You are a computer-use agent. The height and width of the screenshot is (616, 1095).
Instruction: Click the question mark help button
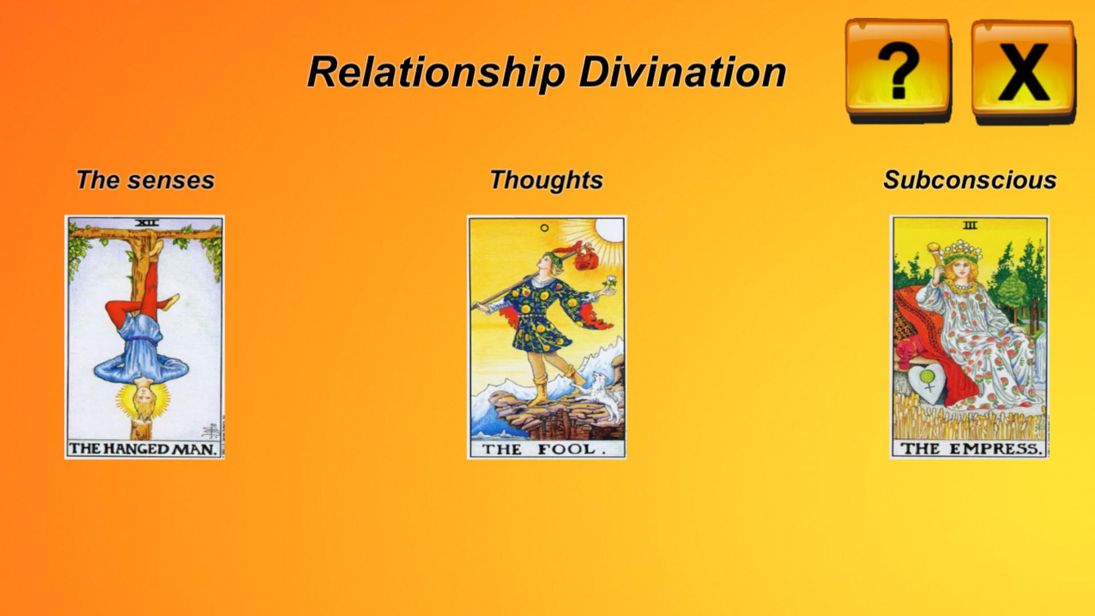tap(898, 70)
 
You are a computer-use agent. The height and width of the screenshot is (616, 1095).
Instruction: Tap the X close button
tap(1023, 71)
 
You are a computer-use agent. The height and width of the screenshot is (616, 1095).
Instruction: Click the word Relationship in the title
tap(436, 73)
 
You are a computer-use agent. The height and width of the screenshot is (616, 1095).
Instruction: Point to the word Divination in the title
tap(683, 72)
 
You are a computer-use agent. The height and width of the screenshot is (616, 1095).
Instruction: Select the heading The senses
tap(145, 180)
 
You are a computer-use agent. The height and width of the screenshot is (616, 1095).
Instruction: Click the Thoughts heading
tap(546, 180)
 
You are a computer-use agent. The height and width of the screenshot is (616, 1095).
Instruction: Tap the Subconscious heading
tap(970, 180)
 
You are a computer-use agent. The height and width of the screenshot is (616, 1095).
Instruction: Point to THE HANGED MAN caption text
tap(143, 449)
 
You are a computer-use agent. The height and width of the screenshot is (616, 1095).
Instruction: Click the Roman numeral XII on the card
tap(147, 223)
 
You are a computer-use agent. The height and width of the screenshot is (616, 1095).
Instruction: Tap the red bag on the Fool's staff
tap(585, 258)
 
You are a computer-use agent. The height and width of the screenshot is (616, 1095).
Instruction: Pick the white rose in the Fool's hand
tap(610, 282)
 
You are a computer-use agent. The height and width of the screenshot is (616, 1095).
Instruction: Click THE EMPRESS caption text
tap(971, 449)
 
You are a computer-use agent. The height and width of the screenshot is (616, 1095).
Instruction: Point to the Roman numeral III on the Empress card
tap(970, 225)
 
